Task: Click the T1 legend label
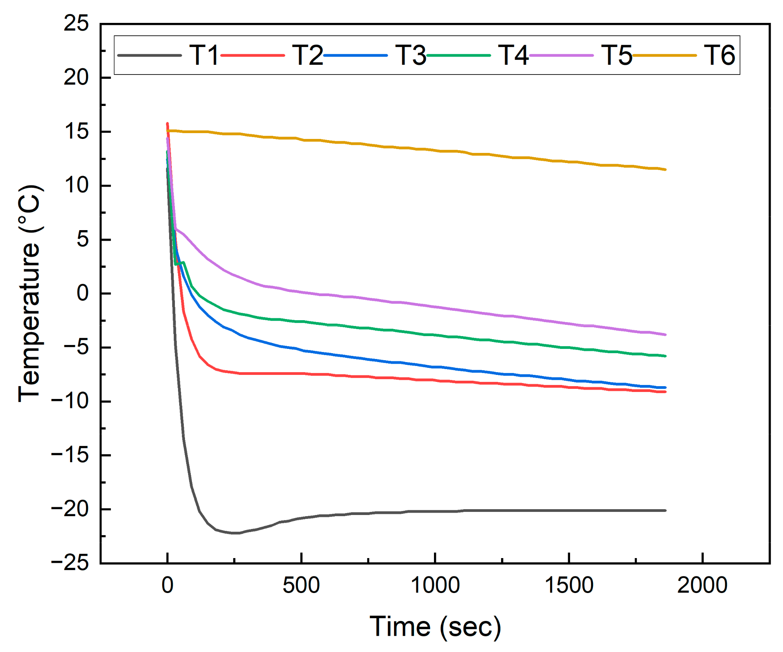point(204,55)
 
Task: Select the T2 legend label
point(307,55)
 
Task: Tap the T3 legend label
point(410,55)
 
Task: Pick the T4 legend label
point(513,55)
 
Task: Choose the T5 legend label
point(616,55)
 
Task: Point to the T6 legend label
point(719,55)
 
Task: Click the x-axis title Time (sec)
point(435,626)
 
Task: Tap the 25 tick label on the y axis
point(76,24)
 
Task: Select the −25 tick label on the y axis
point(70,563)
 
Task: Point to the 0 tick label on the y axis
point(83,293)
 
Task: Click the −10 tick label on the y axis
point(70,401)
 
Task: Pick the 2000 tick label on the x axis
point(702,585)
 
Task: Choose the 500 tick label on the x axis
point(301,585)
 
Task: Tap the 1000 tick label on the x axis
point(435,585)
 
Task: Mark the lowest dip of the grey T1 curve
point(236,533)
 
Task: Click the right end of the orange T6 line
point(665,170)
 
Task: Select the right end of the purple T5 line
point(665,335)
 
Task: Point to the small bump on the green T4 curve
point(183,262)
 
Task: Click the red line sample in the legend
point(252,55)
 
